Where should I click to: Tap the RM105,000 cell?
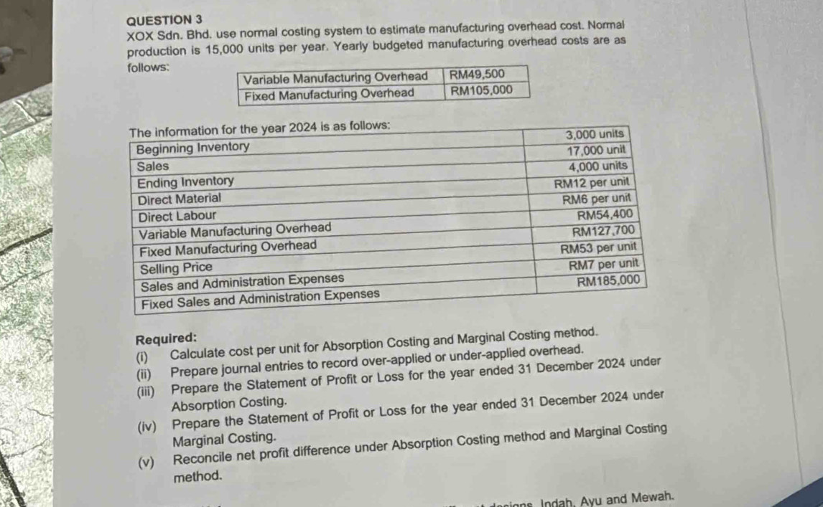(481, 91)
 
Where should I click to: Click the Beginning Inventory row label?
(193, 148)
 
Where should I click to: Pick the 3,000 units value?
(595, 135)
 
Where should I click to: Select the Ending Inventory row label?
(185, 181)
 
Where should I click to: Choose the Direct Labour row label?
(177, 215)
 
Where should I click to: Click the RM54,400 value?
(605, 214)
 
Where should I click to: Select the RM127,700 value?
(604, 231)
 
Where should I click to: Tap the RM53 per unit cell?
(600, 248)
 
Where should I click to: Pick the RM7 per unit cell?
(603, 265)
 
